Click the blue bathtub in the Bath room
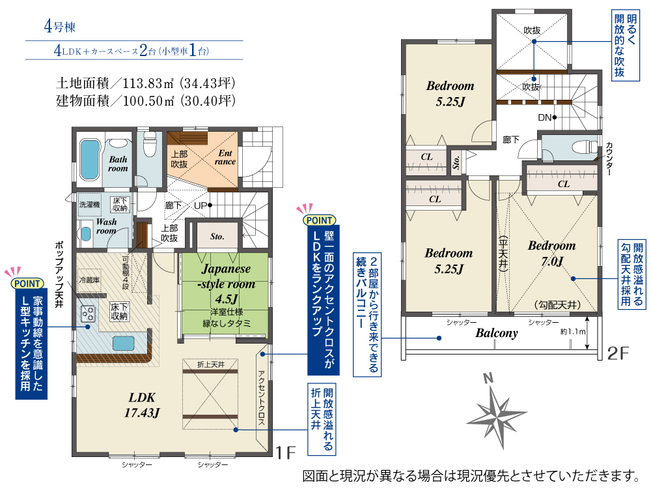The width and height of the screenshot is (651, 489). click(x=90, y=159)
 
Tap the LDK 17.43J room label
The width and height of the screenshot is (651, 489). click(x=142, y=405)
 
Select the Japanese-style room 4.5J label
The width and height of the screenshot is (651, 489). click(x=227, y=284)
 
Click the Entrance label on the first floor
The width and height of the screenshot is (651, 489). click(x=225, y=157)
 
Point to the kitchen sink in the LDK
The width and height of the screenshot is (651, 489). click(x=123, y=344)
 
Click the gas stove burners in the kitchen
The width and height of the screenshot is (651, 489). click(x=88, y=314)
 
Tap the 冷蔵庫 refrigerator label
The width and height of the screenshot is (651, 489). click(x=90, y=280)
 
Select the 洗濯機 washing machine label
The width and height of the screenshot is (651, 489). click(x=90, y=204)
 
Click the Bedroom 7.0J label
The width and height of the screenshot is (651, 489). click(x=552, y=253)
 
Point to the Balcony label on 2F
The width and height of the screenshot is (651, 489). click(x=497, y=333)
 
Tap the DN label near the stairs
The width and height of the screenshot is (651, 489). click(x=544, y=117)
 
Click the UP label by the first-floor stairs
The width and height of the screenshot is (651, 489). click(x=200, y=205)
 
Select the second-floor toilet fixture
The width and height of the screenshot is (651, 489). click(x=584, y=147)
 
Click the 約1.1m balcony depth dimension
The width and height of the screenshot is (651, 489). click(x=572, y=331)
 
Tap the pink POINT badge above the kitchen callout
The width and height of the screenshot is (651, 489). click(x=27, y=283)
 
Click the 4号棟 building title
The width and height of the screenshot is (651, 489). click(x=60, y=27)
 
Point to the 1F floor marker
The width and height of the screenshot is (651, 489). click(x=286, y=452)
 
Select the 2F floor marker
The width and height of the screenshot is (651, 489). click(x=618, y=353)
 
